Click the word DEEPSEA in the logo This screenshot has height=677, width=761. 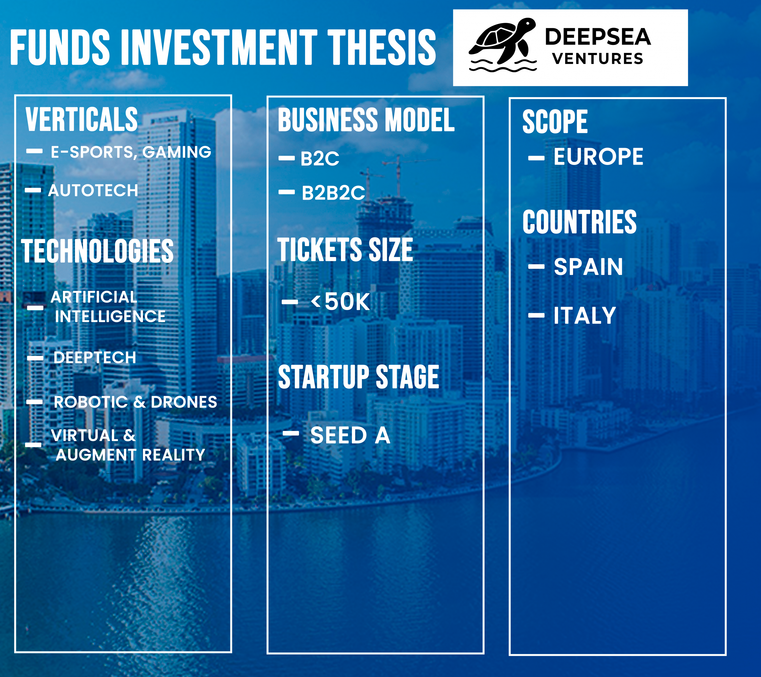tap(598, 37)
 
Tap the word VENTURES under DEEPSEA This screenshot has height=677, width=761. tap(598, 59)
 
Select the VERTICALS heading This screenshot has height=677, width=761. tap(81, 119)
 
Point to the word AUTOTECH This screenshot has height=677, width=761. tap(93, 190)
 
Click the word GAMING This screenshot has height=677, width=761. tap(177, 152)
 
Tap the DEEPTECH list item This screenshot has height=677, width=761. tap(95, 358)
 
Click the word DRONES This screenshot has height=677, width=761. tap(184, 402)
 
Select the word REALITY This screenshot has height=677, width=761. tap(174, 455)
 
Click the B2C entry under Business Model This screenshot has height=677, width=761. tap(320, 159)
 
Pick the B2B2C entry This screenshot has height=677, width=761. tap(333, 193)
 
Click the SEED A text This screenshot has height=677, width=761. tap(350, 435)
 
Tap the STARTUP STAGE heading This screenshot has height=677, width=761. tap(359, 377)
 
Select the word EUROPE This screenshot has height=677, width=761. tap(598, 157)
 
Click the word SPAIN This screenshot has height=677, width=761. tap(588, 267)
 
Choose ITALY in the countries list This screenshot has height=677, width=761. tap(584, 316)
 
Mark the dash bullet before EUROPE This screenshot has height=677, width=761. tap(536, 158)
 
